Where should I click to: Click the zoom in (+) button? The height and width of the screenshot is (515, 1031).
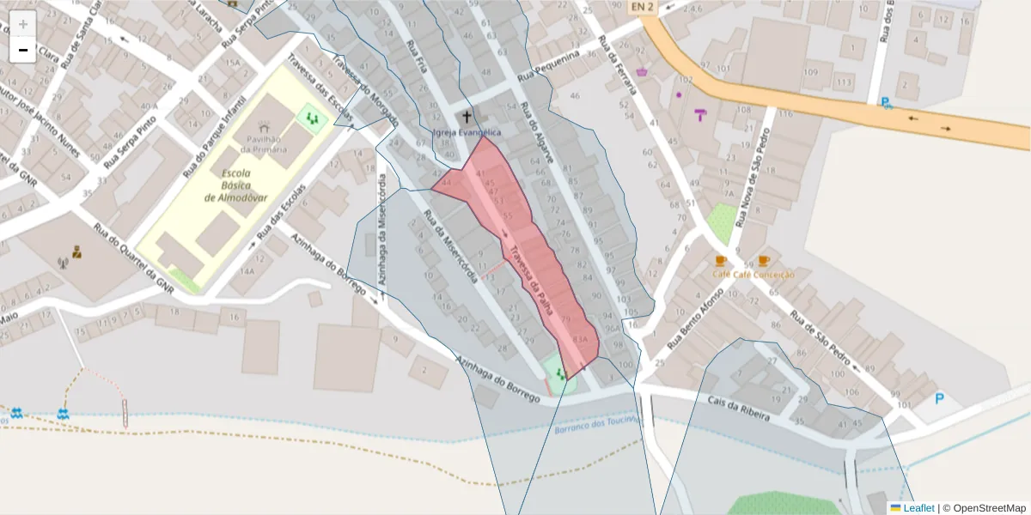[23, 24]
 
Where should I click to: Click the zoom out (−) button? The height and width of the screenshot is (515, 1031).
[23, 50]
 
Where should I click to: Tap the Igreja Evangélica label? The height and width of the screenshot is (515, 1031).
[467, 132]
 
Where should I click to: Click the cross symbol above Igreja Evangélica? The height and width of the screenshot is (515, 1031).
[467, 116]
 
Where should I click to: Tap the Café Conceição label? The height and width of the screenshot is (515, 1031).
[753, 275]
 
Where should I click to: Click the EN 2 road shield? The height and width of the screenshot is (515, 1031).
[641, 8]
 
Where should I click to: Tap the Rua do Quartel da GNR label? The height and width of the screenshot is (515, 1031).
[133, 259]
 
